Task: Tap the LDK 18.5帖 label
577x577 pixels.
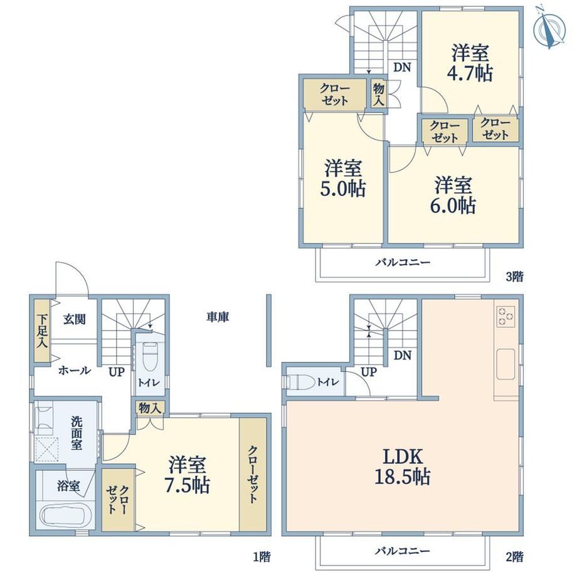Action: pos(403,467)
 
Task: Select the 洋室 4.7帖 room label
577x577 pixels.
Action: pos(470,63)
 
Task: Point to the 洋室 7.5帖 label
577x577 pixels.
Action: pos(187,475)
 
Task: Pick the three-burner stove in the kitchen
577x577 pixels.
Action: pos(506,317)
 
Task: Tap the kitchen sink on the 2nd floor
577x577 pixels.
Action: pos(506,364)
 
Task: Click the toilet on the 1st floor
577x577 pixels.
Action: pos(149,357)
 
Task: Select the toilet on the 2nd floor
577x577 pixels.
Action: pos(300,381)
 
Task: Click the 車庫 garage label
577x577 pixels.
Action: pos(218,317)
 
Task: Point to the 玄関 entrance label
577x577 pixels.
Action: pos(75,319)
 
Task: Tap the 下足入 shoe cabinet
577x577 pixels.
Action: pos(42,331)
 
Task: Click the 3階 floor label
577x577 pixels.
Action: pos(514,277)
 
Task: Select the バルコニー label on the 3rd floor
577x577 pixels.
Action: pos(403,262)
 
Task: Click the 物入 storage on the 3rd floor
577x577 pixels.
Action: pos(378,94)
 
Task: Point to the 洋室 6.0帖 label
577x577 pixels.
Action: pos(453,195)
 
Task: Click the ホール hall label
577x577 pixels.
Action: pos(75,370)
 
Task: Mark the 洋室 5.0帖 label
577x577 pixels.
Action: pos(343,178)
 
